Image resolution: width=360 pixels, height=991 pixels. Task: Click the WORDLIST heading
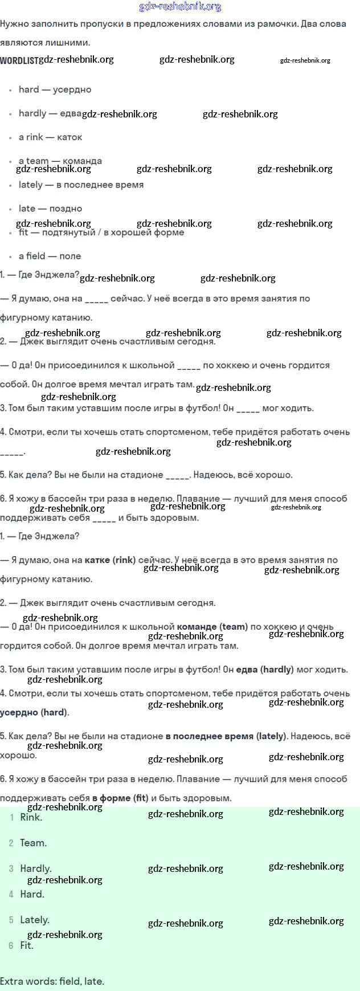[19, 60]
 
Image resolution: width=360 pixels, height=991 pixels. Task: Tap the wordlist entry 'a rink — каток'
[50, 137]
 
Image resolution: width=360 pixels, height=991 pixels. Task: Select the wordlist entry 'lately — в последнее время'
[81, 185]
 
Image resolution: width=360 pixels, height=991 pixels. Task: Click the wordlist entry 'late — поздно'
[50, 209]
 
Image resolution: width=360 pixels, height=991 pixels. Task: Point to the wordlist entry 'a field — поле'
[50, 256]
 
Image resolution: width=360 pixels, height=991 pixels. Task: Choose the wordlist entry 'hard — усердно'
[55, 89]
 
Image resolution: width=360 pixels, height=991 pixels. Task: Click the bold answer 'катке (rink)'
[110, 560]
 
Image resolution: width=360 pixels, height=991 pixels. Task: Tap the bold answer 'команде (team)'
[212, 627]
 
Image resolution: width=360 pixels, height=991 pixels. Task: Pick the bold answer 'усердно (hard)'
[34, 712]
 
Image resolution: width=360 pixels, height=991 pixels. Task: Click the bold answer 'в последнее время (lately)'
[226, 736]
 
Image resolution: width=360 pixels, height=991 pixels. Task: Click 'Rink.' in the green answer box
[31, 817]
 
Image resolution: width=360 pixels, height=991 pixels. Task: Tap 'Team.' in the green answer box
[33, 843]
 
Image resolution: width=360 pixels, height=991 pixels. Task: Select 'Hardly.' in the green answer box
[35, 868]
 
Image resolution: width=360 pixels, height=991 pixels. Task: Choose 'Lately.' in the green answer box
[34, 920]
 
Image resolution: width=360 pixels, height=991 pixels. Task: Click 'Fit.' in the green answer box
[27, 945]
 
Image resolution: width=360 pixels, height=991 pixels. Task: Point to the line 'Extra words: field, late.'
[52, 981]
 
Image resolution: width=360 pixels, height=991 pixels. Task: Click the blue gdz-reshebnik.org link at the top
[180, 7]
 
